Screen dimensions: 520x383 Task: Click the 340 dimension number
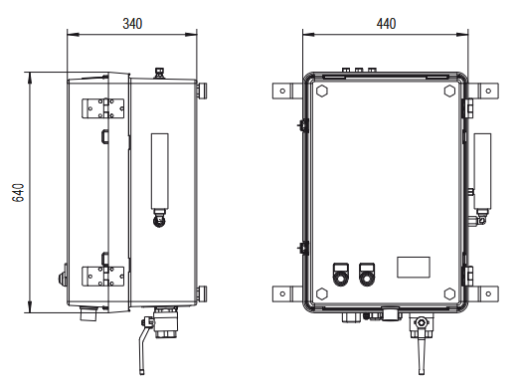(132, 24)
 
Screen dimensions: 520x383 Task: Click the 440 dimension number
(386, 24)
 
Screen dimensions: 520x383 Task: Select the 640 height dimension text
(18, 193)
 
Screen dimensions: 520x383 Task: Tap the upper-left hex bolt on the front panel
(322, 91)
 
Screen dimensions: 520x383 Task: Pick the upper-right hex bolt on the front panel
(449, 91)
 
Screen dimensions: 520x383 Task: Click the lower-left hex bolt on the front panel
(322, 293)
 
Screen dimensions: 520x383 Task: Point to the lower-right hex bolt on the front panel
(449, 293)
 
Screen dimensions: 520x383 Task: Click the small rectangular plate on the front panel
(414, 268)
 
